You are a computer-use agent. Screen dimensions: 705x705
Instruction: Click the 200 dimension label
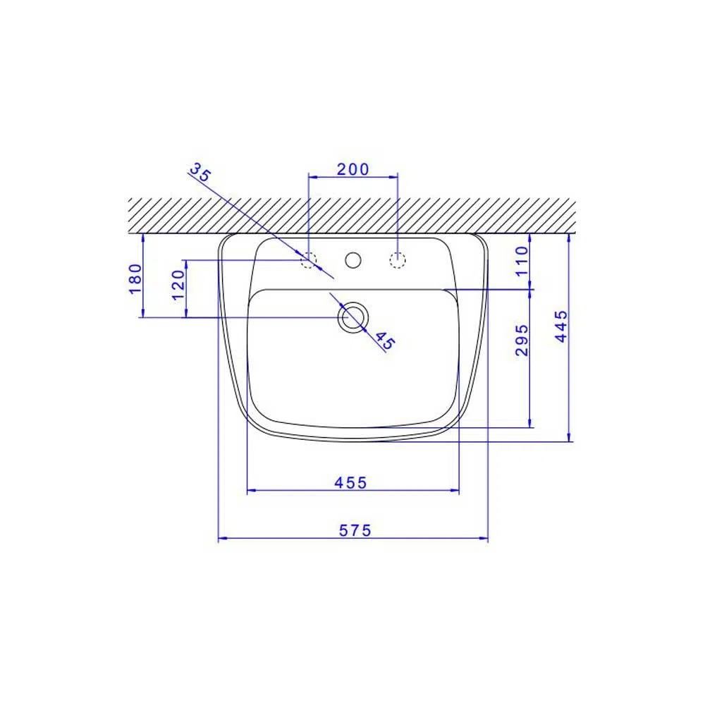pos(353,169)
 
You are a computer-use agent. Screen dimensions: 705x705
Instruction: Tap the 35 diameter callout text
pos(200,172)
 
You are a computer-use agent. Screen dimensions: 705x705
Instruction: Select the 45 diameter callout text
pos(384,341)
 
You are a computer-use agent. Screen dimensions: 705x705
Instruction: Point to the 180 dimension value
pos(135,278)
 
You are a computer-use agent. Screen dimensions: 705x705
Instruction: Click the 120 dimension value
pos(178,286)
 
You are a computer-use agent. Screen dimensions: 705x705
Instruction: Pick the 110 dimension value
pos(522,262)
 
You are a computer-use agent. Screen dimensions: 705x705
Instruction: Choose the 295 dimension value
pos(522,340)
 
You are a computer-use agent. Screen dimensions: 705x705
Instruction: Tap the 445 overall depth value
pos(562,326)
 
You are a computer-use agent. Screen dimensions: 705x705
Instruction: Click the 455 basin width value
pos(351,483)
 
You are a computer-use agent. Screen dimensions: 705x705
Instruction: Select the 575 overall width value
pos(355,531)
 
